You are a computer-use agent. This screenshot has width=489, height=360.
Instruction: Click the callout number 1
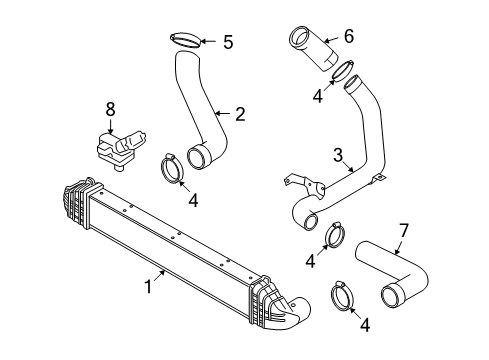(149, 286)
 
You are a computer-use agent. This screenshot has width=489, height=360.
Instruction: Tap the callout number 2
(240, 114)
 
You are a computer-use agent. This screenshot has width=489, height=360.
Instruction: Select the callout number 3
(338, 155)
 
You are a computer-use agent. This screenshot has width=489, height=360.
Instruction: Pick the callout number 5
(228, 42)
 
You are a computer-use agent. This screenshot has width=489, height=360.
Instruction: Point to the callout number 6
(348, 36)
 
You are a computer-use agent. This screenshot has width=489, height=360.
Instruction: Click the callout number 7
(403, 231)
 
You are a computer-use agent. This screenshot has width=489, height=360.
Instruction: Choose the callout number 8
(110, 109)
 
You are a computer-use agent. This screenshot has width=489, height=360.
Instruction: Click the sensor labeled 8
(120, 149)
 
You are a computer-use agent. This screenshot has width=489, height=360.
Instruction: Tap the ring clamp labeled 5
(186, 40)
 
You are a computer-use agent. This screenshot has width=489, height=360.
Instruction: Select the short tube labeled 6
(314, 48)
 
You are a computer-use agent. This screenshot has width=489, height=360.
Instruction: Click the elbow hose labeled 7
(393, 274)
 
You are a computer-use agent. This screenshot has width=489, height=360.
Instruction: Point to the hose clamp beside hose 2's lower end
(172, 169)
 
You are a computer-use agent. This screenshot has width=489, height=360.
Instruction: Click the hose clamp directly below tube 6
(343, 71)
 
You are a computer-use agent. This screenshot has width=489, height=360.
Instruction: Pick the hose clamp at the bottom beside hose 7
(342, 296)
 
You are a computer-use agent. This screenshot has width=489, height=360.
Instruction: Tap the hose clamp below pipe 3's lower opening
(335, 235)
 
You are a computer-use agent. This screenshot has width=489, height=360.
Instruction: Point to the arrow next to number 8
(110, 126)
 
